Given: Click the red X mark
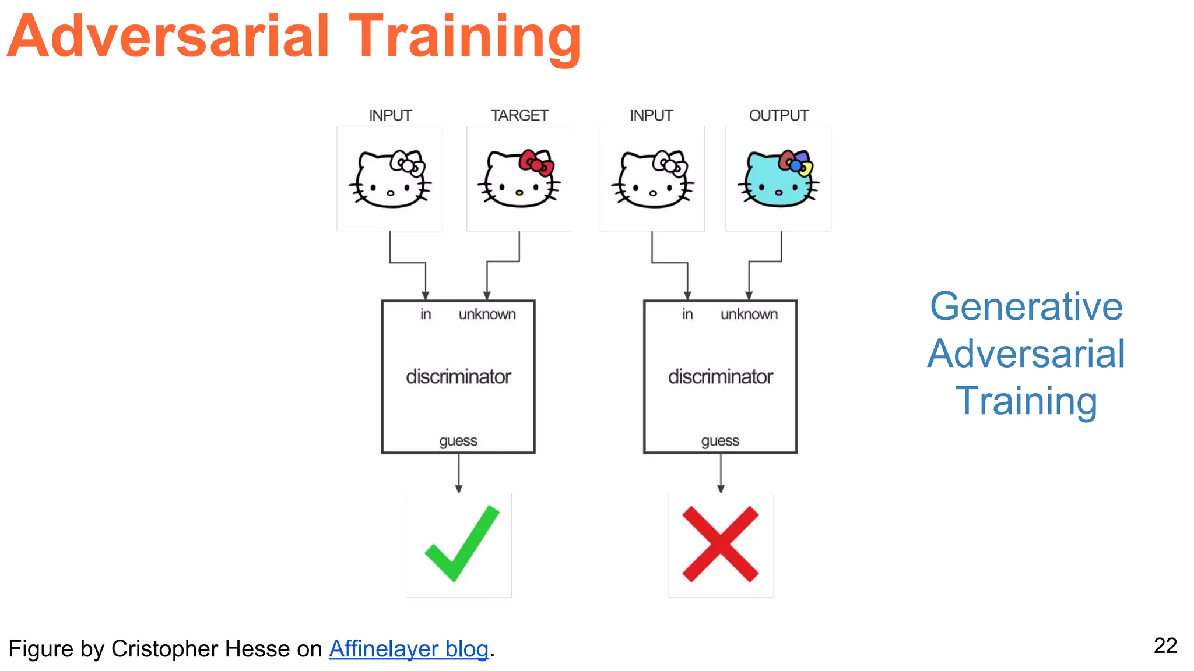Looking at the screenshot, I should tap(720, 544).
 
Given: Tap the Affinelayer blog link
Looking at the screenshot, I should tap(409, 649).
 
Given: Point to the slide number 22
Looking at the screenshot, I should tap(1165, 645).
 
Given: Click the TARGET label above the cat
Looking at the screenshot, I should tap(519, 115).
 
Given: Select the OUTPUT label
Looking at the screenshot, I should tap(778, 115).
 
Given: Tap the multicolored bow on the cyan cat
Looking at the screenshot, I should tap(795, 163).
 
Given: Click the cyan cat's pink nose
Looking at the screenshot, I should tap(778, 192).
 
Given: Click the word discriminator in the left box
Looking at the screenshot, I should tap(458, 377).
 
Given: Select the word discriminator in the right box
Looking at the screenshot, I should tap(720, 377).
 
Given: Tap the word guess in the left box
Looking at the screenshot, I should tap(458, 441).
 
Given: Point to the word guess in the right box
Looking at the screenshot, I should tap(720, 441).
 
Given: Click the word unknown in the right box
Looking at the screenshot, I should tap(749, 315).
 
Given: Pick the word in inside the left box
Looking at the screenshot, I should tap(426, 315).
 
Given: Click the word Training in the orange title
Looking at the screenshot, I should tap(465, 38).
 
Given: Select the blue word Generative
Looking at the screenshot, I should tap(1026, 306).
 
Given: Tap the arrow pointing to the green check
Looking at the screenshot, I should tap(459, 473).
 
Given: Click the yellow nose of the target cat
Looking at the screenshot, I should tap(519, 192).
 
